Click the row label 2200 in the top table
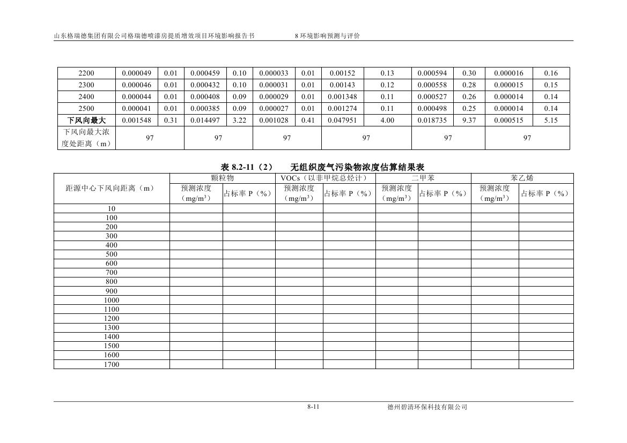point(86,73)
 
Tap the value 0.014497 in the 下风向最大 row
point(205,121)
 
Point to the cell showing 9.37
point(469,121)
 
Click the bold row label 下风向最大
point(86,121)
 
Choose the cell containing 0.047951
point(343,121)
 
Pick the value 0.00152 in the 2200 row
point(343,73)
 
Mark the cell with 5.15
point(551,121)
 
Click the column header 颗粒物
point(223,178)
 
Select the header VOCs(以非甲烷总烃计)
point(325,178)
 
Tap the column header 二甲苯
point(423,178)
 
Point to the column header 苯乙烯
point(522,178)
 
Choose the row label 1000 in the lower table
point(112,300)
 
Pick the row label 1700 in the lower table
point(112,364)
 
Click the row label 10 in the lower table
point(112,208)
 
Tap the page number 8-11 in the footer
point(314,407)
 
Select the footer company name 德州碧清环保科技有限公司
point(427,407)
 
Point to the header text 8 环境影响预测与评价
point(327,36)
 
